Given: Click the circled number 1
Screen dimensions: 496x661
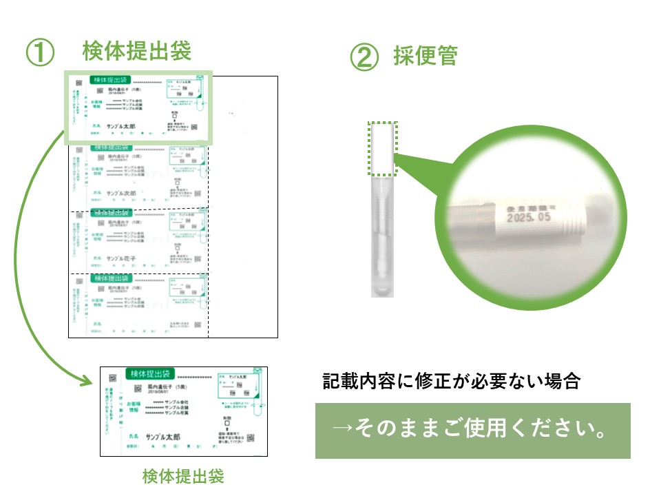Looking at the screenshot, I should [40, 54].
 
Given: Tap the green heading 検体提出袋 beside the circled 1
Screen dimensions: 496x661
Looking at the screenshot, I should [136, 51].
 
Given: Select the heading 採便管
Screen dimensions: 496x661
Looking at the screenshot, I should [425, 55].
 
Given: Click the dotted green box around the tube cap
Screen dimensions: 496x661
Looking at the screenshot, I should [383, 147].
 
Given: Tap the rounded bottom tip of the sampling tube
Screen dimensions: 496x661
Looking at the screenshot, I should [381, 290].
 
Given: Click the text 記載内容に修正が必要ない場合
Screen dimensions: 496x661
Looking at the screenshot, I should [452, 382].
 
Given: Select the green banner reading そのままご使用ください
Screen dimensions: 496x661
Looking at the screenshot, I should [472, 431].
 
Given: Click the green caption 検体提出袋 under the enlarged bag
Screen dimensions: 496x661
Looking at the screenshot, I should [183, 476].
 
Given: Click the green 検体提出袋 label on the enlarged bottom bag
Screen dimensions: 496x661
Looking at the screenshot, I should [150, 374].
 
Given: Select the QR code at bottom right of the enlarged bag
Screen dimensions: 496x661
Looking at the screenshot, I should [251, 437].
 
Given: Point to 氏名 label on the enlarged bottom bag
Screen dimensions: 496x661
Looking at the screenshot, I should [134, 437].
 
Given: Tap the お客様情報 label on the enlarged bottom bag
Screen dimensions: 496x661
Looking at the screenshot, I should [134, 406].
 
